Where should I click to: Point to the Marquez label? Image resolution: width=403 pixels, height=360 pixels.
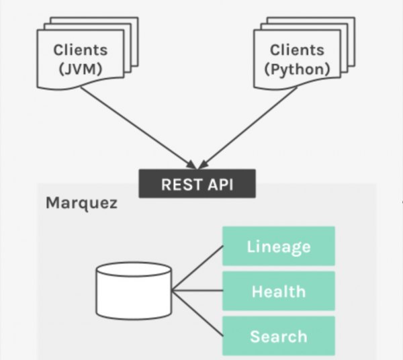coord(81,203)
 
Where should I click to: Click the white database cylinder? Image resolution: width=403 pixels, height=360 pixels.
coord(134,290)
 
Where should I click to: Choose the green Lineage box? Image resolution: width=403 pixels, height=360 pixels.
coord(278,246)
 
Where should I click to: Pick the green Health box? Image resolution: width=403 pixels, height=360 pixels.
coord(278,291)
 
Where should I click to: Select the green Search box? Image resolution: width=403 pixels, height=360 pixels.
coord(278,336)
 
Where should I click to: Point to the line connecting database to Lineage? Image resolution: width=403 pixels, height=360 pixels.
coord(198,268)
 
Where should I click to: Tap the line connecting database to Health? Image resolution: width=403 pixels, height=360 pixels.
coord(198,291)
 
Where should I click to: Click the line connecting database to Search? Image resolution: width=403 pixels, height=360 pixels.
coord(198,314)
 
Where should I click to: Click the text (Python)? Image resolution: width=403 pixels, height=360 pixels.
coord(297,69)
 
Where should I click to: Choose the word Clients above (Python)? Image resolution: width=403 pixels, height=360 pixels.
coord(297,50)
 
